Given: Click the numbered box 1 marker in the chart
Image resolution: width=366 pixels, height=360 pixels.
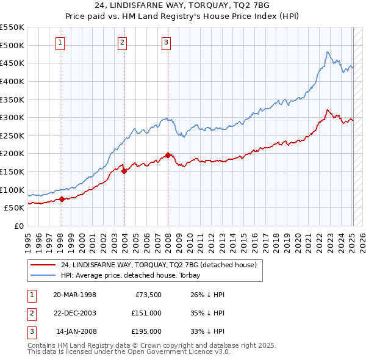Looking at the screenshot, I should tap(61, 42).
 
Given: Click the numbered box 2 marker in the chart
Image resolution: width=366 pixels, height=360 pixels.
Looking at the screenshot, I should tap(123, 42).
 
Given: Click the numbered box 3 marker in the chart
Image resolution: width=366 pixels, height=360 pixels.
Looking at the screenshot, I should tap(166, 42).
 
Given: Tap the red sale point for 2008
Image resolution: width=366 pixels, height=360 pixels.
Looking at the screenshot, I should tap(168, 155).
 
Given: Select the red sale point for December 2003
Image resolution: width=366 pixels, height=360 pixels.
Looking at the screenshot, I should tap(124, 171).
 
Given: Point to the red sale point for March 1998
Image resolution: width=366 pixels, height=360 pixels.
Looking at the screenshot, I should tap(62, 199).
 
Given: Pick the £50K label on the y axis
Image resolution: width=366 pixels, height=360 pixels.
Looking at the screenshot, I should tap(15, 208).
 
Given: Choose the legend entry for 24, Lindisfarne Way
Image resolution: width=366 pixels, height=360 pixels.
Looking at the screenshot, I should tap(161, 265).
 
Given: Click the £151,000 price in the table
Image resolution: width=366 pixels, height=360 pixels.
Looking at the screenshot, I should tap(146, 313).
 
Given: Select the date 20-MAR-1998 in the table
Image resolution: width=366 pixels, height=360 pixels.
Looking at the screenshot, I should tap(74, 295).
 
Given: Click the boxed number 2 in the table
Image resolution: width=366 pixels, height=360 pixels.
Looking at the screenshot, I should tap(30, 313).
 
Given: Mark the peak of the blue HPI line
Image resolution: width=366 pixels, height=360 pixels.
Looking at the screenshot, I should tap(328, 52).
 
